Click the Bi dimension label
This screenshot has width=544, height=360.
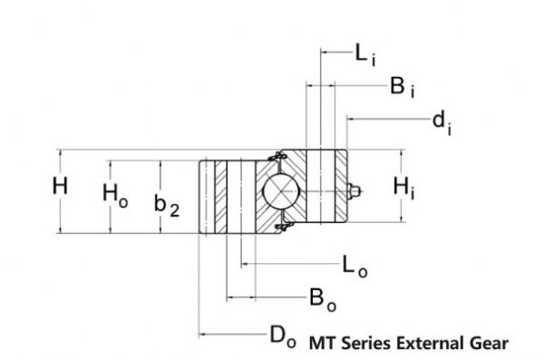(x=402, y=88)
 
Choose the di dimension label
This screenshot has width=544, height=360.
(x=442, y=122)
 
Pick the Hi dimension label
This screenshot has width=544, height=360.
(x=404, y=189)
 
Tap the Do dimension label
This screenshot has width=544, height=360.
(x=281, y=336)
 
